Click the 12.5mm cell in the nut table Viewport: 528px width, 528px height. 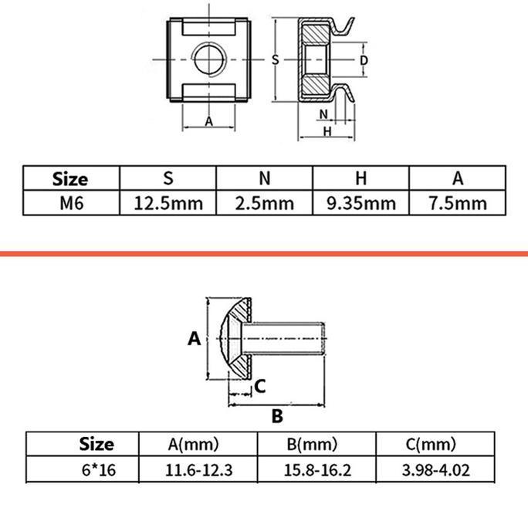click(168, 203)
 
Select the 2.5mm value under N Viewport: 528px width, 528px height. click(265, 203)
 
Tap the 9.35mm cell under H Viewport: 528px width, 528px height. click(361, 203)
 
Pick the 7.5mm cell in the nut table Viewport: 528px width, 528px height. click(458, 203)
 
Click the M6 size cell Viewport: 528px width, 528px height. click(71, 203)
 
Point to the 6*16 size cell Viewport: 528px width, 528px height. click(99, 470)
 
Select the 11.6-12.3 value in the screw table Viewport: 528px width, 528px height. click(198, 470)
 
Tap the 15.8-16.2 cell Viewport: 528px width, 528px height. click(317, 470)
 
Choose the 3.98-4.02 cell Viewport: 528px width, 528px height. click(435, 470)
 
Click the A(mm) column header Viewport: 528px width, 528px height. click(193, 444)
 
